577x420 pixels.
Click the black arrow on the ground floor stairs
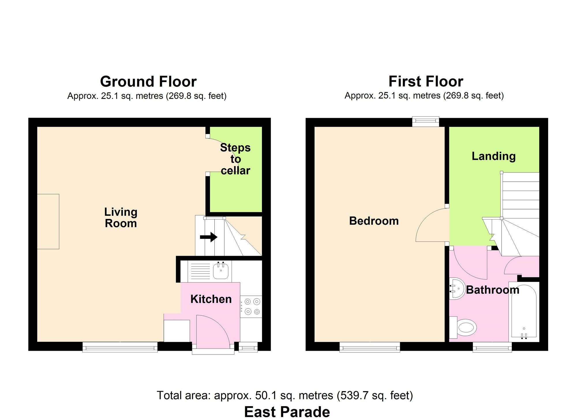(209, 237)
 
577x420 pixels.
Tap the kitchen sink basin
(221, 271)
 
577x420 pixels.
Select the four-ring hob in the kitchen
(251, 307)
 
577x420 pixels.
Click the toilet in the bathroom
(463, 328)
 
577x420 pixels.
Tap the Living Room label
(121, 218)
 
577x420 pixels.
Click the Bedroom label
(374, 221)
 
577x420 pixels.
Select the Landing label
(494, 156)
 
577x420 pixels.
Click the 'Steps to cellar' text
(235, 159)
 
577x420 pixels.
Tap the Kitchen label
(211, 299)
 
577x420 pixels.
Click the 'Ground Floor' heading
(148, 81)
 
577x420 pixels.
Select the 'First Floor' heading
(426, 81)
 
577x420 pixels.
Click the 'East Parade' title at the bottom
(287, 412)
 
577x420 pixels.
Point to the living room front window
(120, 347)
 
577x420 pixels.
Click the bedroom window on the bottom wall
(370, 347)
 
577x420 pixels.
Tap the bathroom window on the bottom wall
(492, 347)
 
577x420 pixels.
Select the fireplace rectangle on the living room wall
(48, 222)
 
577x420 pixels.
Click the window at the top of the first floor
(426, 122)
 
